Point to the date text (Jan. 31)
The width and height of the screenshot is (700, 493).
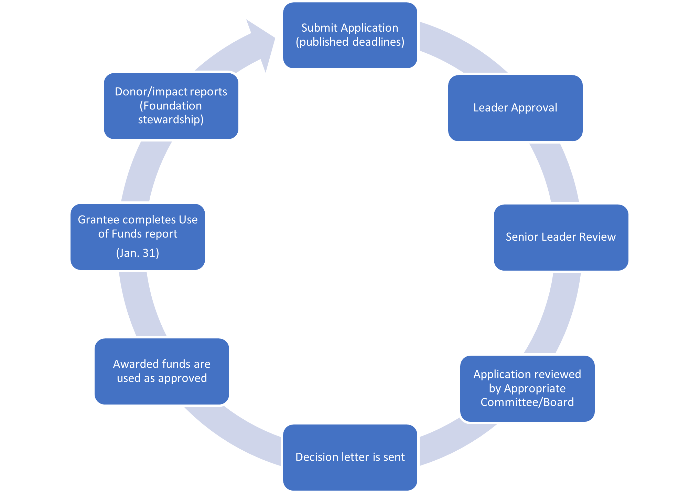point(138,253)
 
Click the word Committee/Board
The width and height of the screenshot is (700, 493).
point(527,402)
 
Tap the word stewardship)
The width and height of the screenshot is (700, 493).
point(171,119)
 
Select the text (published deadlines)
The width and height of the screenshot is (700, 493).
point(350,42)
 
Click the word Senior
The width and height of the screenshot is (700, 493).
point(521,237)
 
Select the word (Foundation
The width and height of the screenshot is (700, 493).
point(171,106)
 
